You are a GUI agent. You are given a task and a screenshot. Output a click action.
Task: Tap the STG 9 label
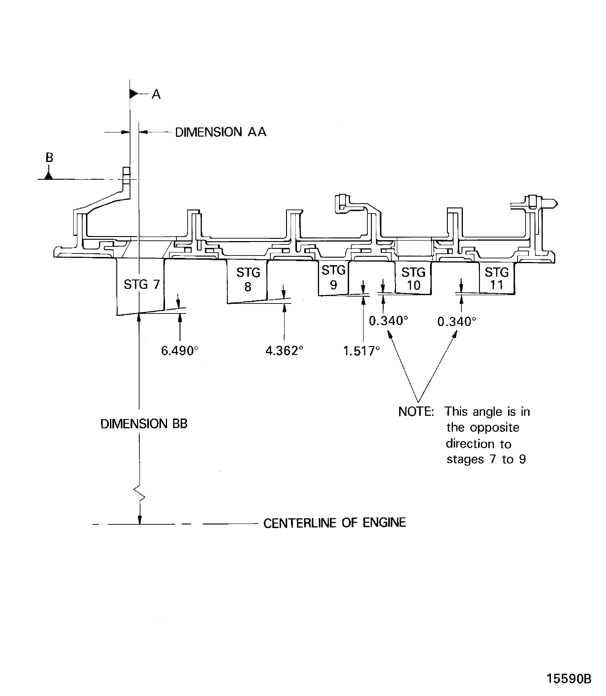point(333,278)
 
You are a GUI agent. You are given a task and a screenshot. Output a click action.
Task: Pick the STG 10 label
point(413,279)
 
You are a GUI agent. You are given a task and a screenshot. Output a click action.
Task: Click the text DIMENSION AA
point(221,132)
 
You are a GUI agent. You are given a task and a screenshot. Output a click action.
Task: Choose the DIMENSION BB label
point(144,424)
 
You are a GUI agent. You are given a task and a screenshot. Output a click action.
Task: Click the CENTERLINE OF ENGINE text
point(335,523)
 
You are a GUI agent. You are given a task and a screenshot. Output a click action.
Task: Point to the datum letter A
point(156,94)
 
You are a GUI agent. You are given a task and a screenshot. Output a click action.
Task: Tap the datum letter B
point(49,158)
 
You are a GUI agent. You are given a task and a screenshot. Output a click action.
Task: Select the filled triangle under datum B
point(49,176)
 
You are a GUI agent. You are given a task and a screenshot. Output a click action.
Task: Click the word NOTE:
point(416,412)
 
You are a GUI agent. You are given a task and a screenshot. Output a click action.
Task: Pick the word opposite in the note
point(495,427)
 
